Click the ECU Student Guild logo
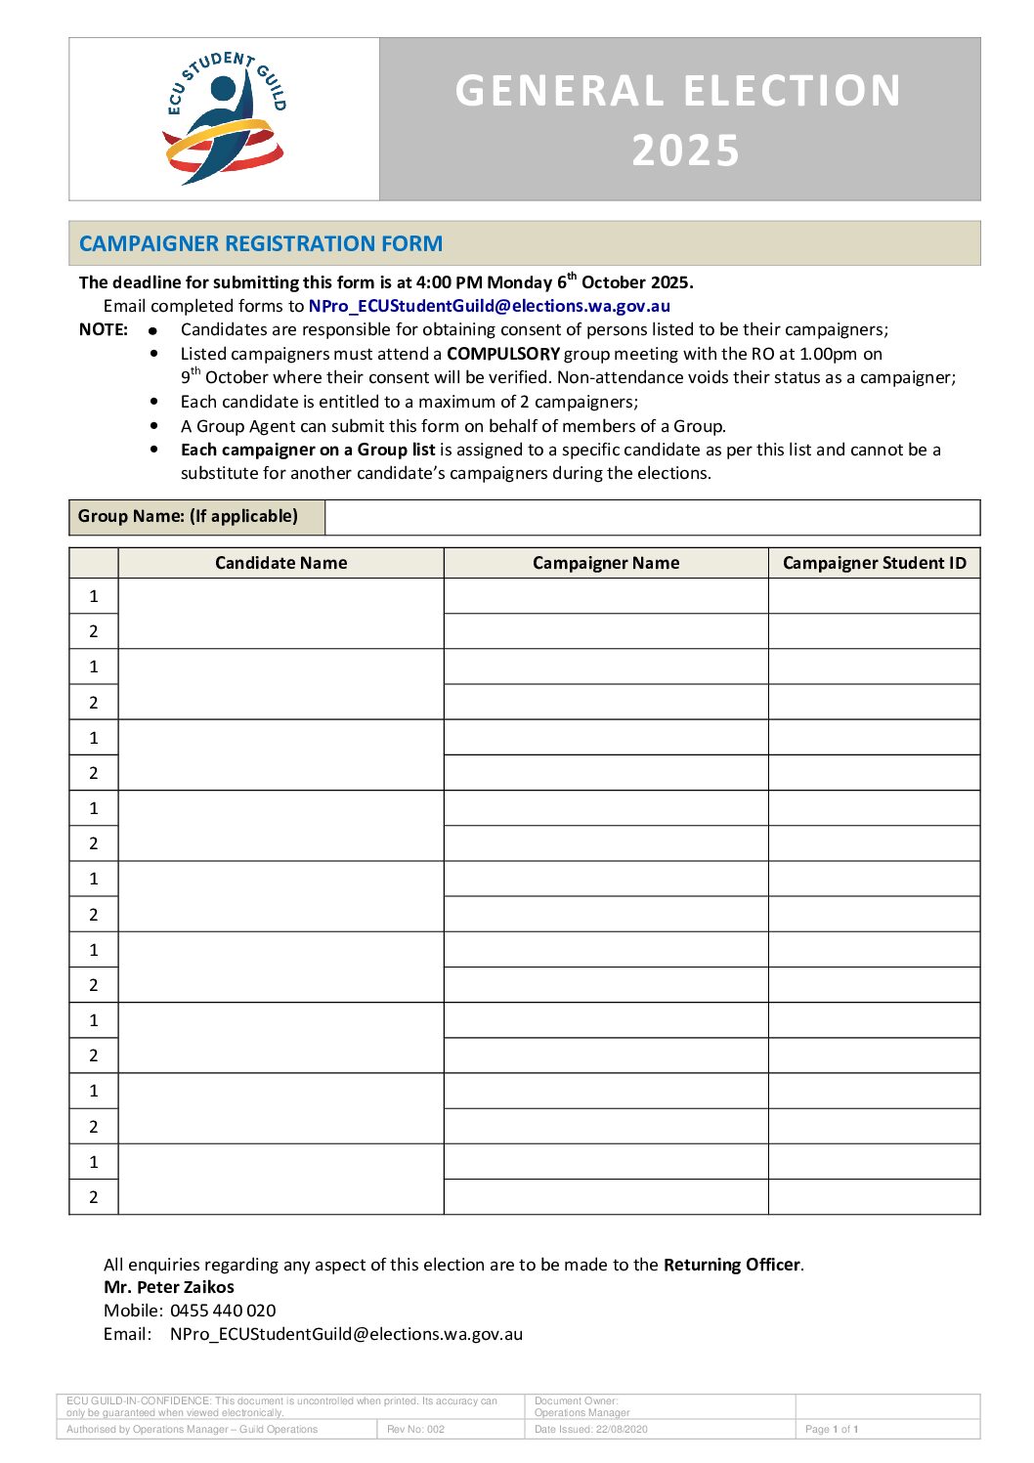click(225, 118)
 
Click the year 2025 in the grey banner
click(685, 151)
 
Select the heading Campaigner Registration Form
click(261, 243)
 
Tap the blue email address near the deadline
click(489, 306)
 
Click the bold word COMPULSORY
click(502, 354)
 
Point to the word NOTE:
click(104, 329)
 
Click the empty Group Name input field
click(652, 517)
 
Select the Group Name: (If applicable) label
click(189, 516)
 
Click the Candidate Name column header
click(280, 563)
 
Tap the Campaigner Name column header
click(606, 563)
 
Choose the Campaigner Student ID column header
click(874, 563)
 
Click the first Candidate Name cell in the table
click(280, 614)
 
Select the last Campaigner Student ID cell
click(874, 1197)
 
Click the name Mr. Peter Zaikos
click(169, 1287)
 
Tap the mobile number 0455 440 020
click(223, 1311)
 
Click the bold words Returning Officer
click(732, 1265)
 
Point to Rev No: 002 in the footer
click(415, 1429)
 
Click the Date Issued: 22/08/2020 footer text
click(590, 1429)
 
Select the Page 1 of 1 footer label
click(832, 1429)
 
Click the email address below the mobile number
click(346, 1334)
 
